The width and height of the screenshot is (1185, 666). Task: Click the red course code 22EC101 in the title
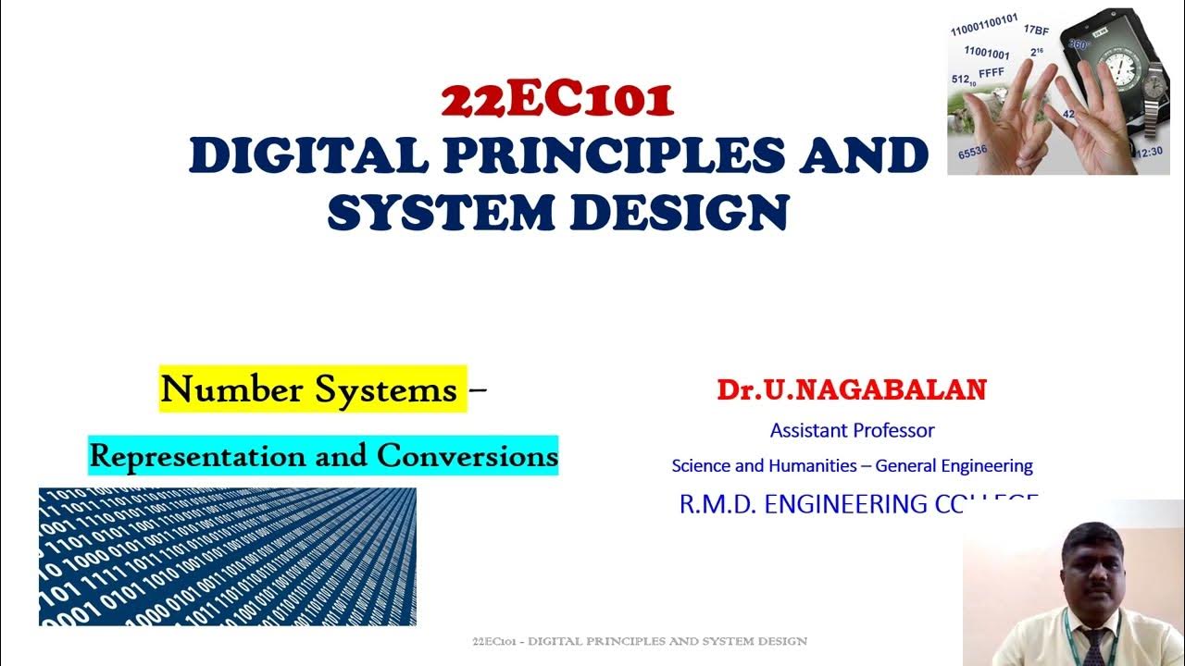pyautogui.click(x=557, y=101)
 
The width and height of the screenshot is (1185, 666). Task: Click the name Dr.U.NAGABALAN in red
pyautogui.click(x=851, y=389)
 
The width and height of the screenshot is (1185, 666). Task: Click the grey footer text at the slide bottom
pyautogui.click(x=639, y=641)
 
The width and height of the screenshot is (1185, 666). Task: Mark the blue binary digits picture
pyautogui.click(x=228, y=557)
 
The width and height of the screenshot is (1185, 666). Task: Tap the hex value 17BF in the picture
pyautogui.click(x=1036, y=31)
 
